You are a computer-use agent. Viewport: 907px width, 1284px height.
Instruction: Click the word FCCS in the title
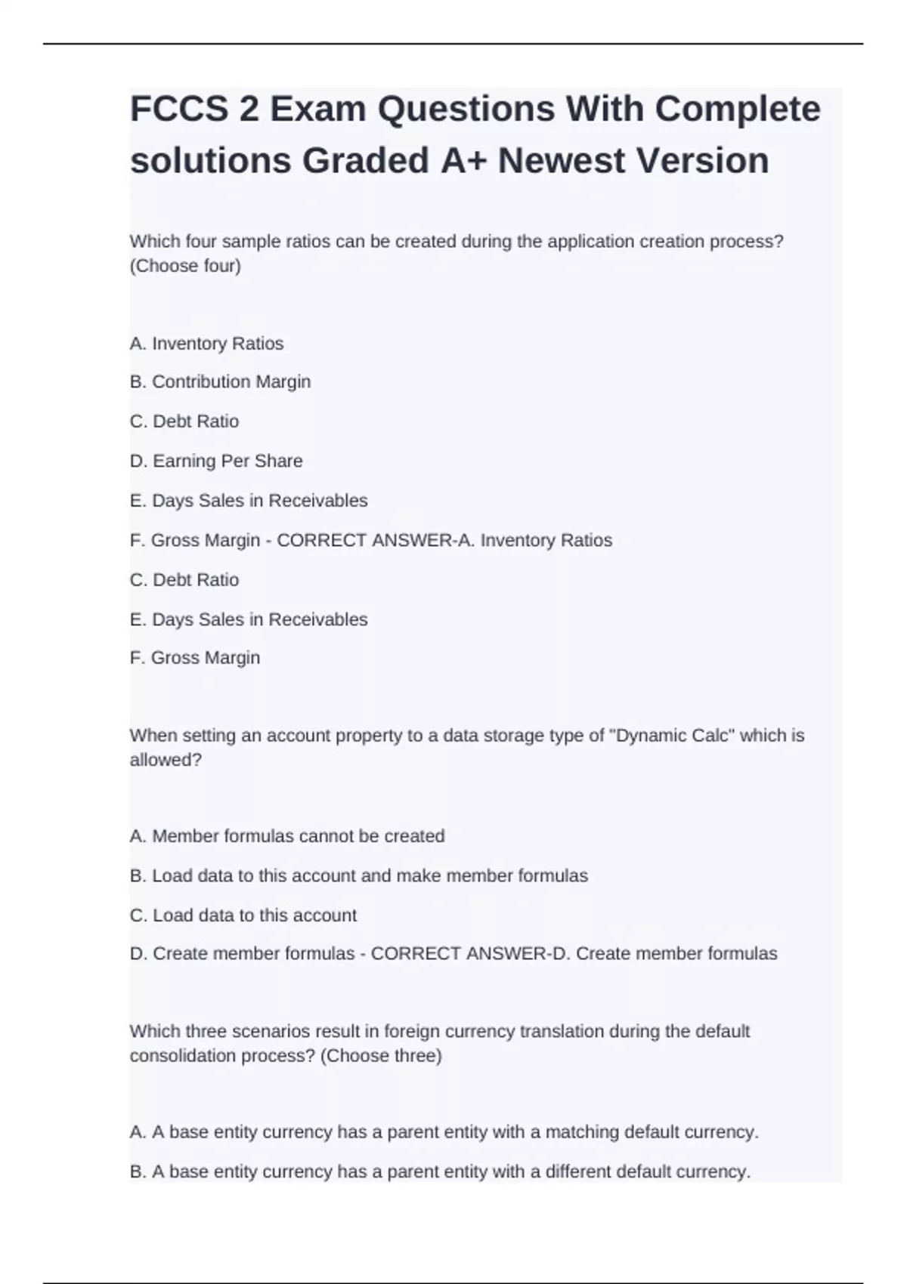(x=178, y=109)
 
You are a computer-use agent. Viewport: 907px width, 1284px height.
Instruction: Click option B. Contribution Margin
(x=220, y=382)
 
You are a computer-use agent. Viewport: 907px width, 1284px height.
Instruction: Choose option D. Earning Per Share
(x=216, y=461)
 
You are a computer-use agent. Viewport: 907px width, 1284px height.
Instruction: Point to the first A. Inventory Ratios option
(x=206, y=344)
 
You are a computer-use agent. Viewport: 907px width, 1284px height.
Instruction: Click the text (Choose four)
(x=185, y=266)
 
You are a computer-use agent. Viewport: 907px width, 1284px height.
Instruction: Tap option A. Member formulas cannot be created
(x=287, y=836)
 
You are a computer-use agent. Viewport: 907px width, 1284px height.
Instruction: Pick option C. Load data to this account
(x=243, y=915)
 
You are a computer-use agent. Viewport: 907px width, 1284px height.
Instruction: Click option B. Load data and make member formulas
(x=358, y=876)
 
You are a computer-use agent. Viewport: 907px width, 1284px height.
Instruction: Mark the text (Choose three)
(x=381, y=1055)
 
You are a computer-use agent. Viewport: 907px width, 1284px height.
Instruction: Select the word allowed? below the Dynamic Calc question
(x=166, y=760)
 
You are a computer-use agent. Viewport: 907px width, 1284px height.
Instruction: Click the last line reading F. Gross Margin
(x=194, y=658)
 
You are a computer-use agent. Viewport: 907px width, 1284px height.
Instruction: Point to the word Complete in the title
(x=737, y=109)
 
